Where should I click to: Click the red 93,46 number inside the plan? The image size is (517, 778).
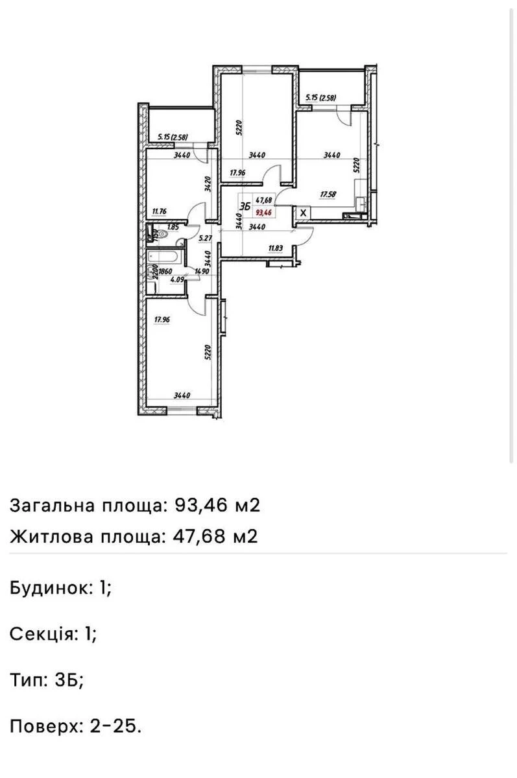coord(263,211)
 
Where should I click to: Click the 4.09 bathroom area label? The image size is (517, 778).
coord(167,280)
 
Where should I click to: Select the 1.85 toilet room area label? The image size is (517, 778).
coord(173,227)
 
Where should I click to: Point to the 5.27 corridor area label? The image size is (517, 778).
coord(205,238)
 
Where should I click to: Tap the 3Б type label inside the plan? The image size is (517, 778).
coord(245,207)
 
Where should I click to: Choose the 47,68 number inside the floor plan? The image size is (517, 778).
coord(263,200)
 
